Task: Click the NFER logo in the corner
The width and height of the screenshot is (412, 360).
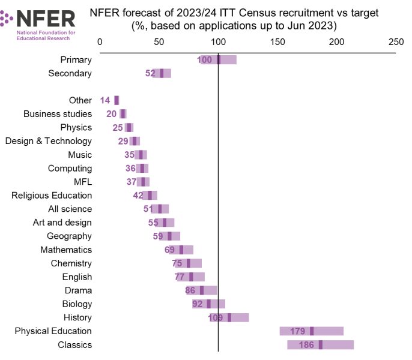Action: pos(39,23)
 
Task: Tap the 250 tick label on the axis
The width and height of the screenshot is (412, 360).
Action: pos(395,42)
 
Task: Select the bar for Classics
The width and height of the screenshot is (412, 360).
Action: pos(320,345)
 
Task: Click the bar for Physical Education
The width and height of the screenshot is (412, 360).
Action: pos(311,331)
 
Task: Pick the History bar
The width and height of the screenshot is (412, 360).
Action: pos(229,317)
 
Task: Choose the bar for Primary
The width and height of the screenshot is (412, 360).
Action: pos(219,60)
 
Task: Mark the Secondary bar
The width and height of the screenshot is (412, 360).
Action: pos(162,73)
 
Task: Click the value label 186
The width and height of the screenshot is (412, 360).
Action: pos(306,345)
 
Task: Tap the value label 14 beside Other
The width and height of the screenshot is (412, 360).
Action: pos(105,100)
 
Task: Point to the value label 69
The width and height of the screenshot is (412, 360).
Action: pos(169,250)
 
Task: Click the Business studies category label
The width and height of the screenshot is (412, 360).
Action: pos(58,114)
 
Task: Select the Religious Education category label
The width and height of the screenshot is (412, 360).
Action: pos(52,196)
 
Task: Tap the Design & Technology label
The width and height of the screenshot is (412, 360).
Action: pos(49,141)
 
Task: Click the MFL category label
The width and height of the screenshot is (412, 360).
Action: pos(83,182)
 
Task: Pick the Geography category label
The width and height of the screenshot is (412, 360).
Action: pos(69,236)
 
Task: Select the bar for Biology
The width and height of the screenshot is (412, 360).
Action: pos(208,304)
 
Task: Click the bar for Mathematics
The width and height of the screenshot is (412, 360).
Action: pos(181,250)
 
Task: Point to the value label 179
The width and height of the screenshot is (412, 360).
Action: pos(298,331)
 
